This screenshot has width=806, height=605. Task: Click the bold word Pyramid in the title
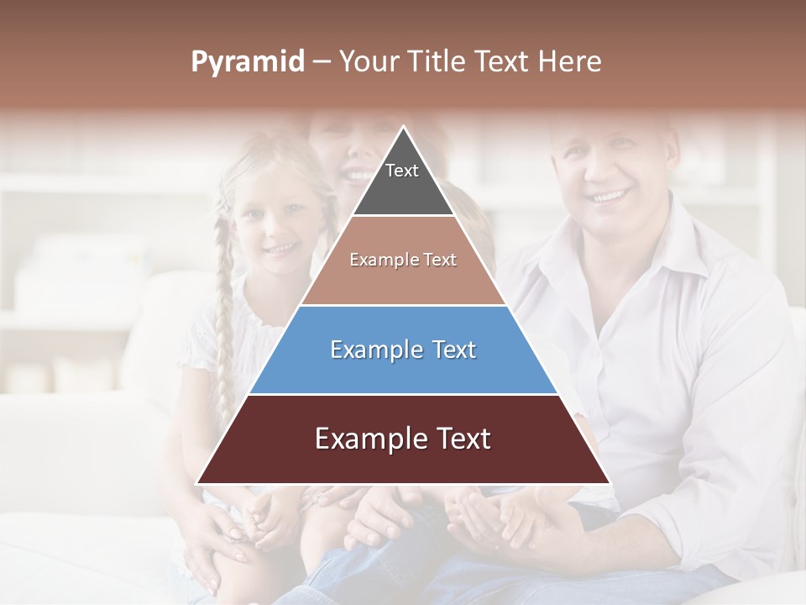[247, 61]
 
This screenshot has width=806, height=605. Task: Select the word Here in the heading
[569, 61]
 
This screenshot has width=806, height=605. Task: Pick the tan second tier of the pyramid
[403, 281]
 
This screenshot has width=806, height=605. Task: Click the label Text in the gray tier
[401, 171]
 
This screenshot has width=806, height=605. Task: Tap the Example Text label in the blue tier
[403, 350]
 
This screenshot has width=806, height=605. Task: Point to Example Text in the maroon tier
[403, 439]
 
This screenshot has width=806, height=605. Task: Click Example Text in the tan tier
[403, 260]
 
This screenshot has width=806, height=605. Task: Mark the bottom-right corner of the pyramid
[609, 483]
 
